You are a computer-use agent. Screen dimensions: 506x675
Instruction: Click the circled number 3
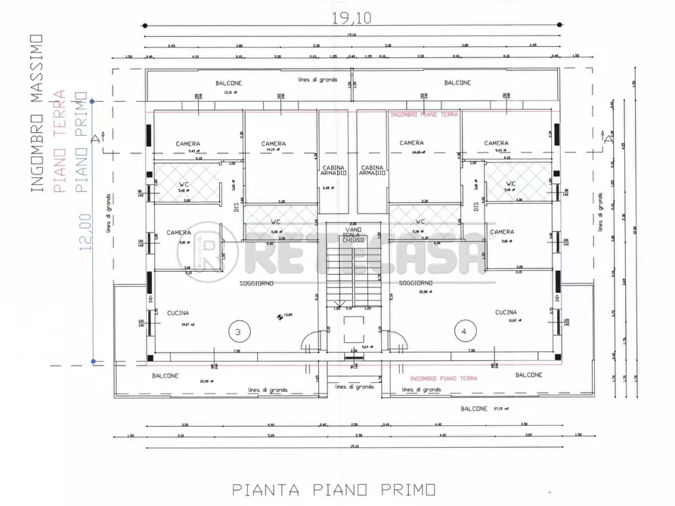tap(238, 331)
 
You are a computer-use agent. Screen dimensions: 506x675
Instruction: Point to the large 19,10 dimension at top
tap(351, 14)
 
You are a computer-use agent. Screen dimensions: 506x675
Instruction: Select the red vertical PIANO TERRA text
tap(61, 143)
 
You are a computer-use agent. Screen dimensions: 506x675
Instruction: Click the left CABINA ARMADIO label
tap(333, 171)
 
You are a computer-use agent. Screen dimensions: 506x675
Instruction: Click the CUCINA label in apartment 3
tap(178, 313)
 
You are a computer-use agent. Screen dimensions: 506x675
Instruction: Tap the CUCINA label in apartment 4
tap(506, 312)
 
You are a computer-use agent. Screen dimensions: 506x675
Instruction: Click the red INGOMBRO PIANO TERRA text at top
tap(423, 115)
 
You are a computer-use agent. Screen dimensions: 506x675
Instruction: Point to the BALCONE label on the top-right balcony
tap(457, 82)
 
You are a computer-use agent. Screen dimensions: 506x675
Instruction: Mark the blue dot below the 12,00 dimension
tap(92, 362)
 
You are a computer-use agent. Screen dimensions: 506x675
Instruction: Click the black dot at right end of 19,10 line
tap(559, 25)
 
